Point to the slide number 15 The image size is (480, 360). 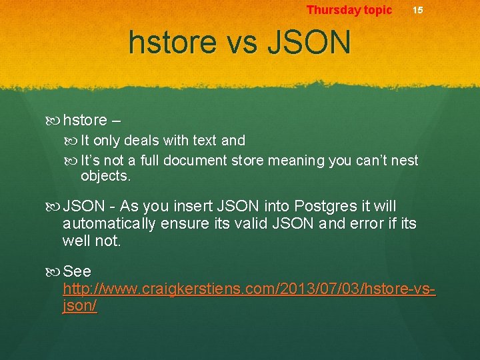click(417, 10)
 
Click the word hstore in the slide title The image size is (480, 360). click(173, 43)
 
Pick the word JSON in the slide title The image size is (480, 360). click(308, 43)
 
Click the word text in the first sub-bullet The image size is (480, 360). click(205, 141)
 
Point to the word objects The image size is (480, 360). click(106, 176)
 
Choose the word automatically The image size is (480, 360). click(109, 224)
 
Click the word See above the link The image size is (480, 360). click(77, 272)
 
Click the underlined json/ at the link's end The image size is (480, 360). click(79, 306)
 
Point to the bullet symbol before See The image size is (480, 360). click(55, 272)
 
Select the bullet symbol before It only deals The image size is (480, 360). click(73, 141)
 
